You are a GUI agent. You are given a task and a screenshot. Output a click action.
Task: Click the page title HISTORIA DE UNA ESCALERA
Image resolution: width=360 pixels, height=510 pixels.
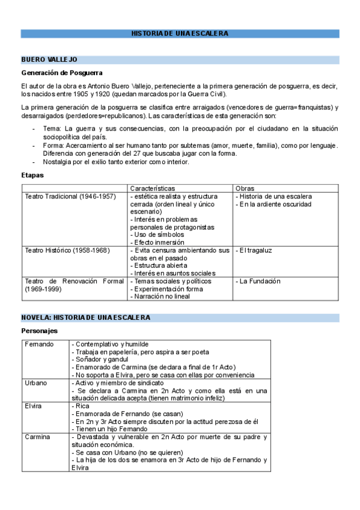[180, 34]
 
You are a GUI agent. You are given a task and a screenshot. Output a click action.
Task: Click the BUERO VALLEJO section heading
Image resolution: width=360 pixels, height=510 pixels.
[49, 60]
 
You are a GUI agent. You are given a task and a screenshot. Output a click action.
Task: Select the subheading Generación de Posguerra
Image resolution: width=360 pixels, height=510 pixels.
[61, 73]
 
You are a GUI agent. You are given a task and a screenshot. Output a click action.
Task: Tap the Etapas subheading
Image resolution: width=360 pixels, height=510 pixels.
[32, 176]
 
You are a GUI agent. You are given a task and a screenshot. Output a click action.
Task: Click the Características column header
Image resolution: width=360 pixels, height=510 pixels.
[153, 188]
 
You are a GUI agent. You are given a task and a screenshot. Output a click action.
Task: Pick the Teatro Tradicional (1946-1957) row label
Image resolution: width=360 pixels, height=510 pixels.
[70, 197]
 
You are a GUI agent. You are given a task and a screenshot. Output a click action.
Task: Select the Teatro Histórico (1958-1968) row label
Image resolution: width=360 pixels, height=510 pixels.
[68, 250]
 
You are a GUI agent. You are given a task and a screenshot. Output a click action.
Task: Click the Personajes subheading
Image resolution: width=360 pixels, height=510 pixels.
[40, 331]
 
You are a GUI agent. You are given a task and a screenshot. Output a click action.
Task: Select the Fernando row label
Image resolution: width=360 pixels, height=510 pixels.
[39, 344]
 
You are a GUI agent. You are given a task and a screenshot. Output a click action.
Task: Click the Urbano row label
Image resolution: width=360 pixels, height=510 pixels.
[36, 383]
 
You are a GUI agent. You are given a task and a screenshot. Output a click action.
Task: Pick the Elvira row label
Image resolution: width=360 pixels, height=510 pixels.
[33, 406]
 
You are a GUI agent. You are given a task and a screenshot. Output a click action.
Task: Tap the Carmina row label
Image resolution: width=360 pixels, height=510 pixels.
[37, 437]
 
